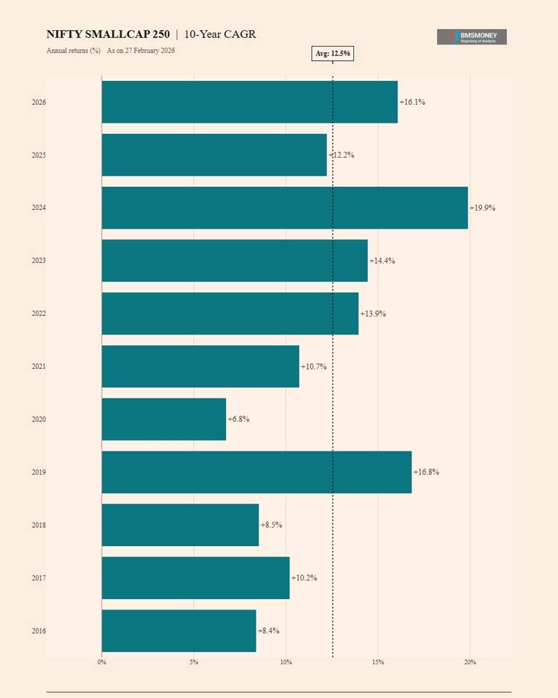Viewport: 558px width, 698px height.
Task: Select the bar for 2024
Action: point(284,208)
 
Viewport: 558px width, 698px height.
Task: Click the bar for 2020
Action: point(164,419)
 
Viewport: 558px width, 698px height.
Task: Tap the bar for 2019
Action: point(256,472)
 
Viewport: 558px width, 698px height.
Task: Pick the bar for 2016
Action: point(179,631)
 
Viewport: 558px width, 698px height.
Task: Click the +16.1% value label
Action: point(412,102)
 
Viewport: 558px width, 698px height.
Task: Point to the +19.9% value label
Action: point(482,208)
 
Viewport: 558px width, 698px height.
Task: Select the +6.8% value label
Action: point(238,419)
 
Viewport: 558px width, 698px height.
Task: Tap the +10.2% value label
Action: point(304,578)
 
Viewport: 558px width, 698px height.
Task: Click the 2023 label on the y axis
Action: point(39,260)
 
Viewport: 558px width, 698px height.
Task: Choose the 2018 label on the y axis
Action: point(39,525)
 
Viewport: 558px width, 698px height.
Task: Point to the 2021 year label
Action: point(39,366)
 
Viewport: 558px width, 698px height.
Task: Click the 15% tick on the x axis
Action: point(378,662)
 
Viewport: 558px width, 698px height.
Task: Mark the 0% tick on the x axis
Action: point(101,662)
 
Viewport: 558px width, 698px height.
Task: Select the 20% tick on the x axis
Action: point(470,662)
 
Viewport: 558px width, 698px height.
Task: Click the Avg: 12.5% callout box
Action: point(333,54)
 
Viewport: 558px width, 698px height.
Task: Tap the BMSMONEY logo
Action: point(471,37)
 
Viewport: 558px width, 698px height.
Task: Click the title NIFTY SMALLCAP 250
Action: point(108,34)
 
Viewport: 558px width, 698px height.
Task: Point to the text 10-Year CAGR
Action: point(220,34)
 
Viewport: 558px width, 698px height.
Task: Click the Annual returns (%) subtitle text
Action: point(73,50)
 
